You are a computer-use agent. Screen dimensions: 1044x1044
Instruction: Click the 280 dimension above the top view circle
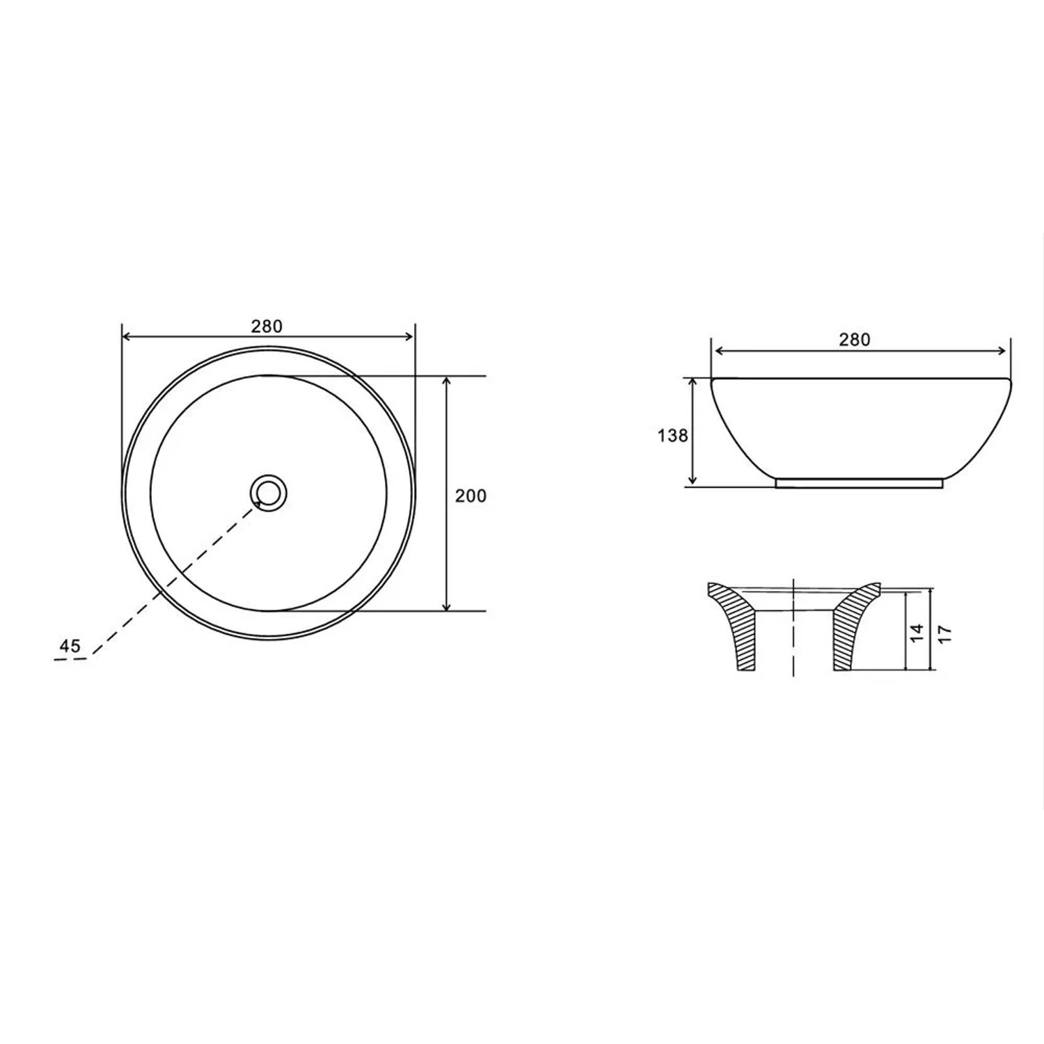[267, 326]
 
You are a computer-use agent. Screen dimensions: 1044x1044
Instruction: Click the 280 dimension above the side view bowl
[854, 340]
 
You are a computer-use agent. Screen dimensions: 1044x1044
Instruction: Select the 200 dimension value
[470, 496]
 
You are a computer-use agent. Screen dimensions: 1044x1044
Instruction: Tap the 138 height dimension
[673, 436]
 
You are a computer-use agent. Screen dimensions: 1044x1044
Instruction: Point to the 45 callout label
[70, 646]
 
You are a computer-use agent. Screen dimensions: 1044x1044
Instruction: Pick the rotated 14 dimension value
[917, 633]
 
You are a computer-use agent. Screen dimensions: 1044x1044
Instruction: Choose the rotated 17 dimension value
[944, 633]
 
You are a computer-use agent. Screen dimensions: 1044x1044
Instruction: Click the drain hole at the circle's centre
[269, 492]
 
